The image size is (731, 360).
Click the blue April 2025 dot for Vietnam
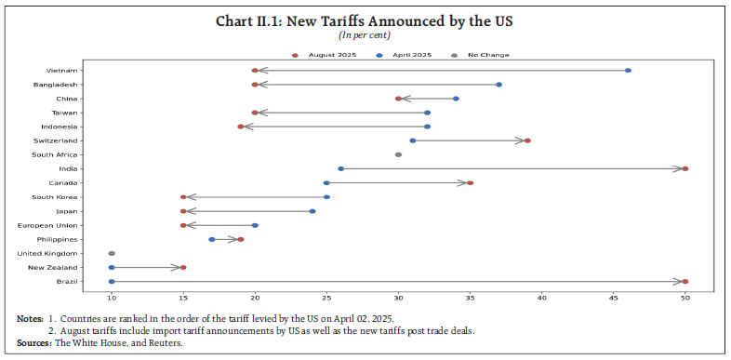(628, 71)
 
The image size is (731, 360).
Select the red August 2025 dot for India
(685, 169)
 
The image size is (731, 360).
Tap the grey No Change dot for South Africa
(398, 155)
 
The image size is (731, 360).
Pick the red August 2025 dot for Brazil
(685, 282)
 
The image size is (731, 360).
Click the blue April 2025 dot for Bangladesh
(498, 85)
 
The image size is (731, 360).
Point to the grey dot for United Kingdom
(112, 253)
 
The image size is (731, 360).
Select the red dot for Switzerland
(527, 140)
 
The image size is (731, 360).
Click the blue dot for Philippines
(212, 239)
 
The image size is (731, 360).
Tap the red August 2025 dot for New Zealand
(183, 268)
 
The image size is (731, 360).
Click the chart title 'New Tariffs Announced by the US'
(365, 21)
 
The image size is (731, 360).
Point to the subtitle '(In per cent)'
(365, 35)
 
